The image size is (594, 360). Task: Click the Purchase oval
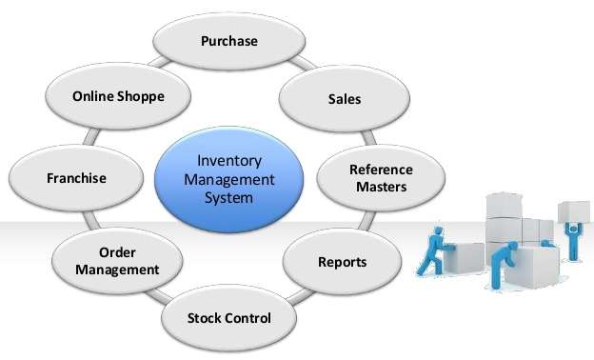click(229, 42)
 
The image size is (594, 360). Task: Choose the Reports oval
click(341, 261)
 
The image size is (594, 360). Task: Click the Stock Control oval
click(228, 317)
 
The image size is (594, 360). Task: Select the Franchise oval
click(76, 178)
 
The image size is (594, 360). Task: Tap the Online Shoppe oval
click(118, 97)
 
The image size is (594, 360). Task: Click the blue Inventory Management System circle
click(228, 176)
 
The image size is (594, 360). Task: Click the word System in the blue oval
click(228, 198)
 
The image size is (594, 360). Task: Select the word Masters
click(381, 187)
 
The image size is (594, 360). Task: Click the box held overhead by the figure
click(573, 210)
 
